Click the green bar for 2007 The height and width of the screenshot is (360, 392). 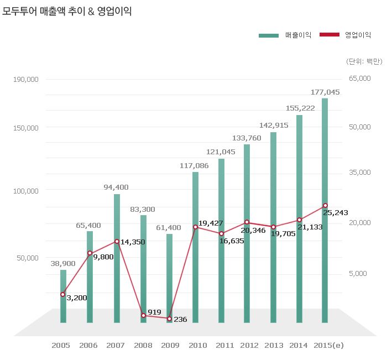pos(117,258)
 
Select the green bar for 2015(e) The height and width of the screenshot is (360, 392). pos(325,211)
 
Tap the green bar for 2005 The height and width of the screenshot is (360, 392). pos(63,296)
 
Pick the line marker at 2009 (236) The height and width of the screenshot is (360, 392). pos(170,319)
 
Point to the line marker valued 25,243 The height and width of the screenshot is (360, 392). pos(325,206)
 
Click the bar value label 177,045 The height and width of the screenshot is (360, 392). pos(325,92)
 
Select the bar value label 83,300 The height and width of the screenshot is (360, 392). pos(143,210)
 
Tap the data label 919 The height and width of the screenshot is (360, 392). pos(154,312)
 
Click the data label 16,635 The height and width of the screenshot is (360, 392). pos(232,241)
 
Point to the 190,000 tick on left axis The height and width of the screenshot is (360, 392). pos(26,80)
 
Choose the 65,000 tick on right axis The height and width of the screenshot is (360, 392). pos(360,79)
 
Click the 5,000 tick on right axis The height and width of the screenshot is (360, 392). pos(358,274)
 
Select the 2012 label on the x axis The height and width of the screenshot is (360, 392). pos(249,346)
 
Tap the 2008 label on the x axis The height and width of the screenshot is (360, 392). pos(143,346)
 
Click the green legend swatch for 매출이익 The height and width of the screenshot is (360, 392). pos(269,35)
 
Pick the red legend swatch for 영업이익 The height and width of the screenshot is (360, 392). pos(330,34)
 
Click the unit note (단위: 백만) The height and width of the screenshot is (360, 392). pos(364,61)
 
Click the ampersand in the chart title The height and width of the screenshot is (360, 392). pos(91,12)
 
